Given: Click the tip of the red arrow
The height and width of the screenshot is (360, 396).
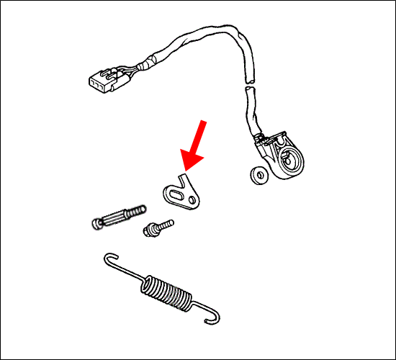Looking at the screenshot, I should pos(183,170).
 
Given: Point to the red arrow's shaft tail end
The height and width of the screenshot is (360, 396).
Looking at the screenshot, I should pos(205,125).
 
